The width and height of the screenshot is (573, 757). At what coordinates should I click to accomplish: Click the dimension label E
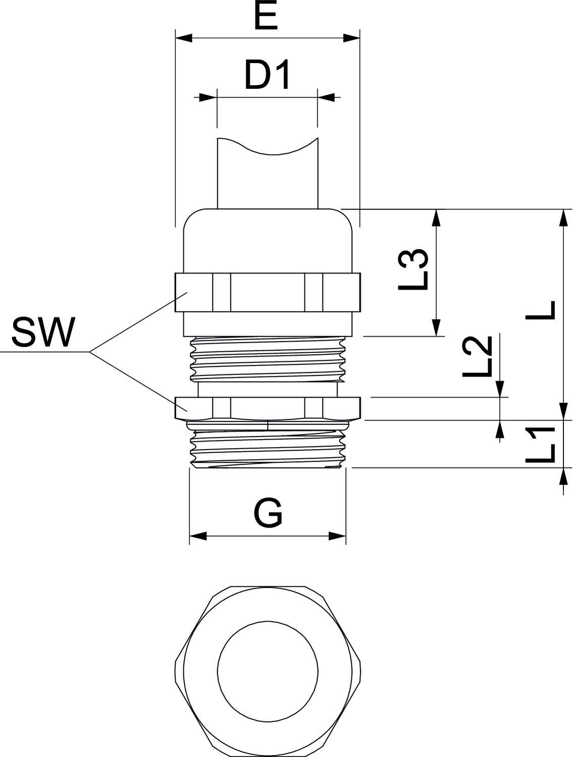[266, 18]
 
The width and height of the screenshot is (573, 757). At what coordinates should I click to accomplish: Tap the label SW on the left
[43, 333]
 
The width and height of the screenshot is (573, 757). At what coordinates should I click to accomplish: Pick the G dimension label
[267, 514]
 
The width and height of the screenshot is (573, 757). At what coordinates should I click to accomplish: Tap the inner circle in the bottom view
[268, 671]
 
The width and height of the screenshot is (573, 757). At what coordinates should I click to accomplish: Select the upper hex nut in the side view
[268, 293]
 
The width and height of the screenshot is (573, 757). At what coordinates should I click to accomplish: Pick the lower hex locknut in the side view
[268, 408]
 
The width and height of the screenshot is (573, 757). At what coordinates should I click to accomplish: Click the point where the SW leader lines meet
[90, 351]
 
